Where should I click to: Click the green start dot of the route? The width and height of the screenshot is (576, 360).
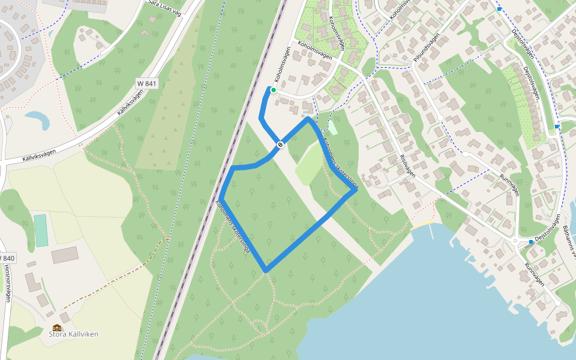274,91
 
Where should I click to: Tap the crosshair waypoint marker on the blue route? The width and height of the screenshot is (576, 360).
280,145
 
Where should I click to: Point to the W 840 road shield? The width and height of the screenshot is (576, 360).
7,258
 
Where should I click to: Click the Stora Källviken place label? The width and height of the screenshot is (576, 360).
73,334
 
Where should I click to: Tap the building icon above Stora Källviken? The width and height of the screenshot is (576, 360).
57,328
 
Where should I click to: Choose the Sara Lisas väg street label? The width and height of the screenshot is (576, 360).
164,8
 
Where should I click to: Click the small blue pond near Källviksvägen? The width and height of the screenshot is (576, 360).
38,119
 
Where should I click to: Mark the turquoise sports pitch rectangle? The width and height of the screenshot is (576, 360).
41,230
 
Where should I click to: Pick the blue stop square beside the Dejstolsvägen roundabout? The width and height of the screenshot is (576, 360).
531,242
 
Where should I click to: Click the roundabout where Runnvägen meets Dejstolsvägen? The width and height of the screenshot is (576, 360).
517,241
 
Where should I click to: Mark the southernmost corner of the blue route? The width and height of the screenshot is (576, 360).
266,271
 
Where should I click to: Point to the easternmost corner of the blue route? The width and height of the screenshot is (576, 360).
355,191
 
